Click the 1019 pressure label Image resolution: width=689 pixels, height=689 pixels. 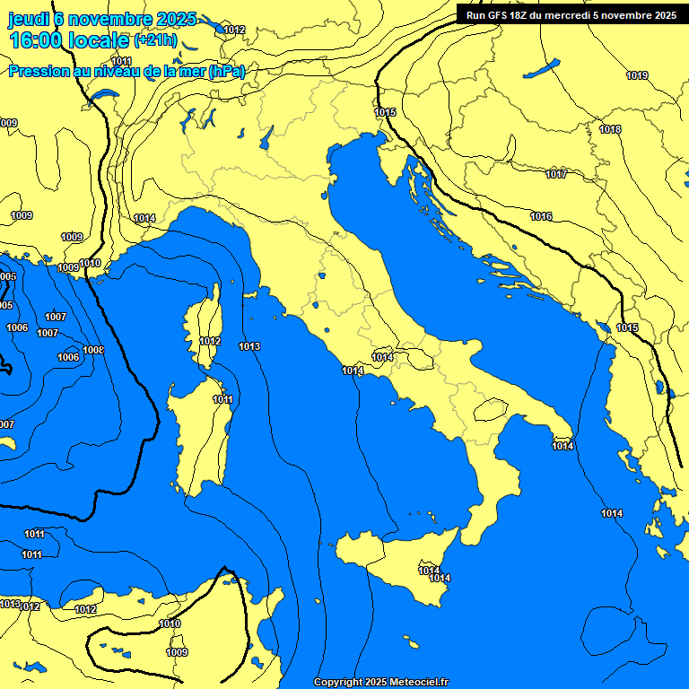pos(637,76)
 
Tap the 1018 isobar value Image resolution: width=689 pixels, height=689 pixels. pos(610,130)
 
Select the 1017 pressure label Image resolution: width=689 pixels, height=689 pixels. pos(556,174)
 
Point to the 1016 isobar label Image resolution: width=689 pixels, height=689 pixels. pos(541,217)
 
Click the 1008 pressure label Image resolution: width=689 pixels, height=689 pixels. pos(93,350)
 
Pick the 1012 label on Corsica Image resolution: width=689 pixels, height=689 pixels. pos(210,341)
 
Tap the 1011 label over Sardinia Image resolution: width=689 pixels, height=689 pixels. pos(223,400)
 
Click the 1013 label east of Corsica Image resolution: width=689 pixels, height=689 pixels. pos(249,346)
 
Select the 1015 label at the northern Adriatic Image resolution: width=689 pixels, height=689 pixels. pos(386,112)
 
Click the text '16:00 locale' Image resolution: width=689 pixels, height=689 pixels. pos(69,39)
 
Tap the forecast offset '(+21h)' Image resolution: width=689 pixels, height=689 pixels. pos(155,40)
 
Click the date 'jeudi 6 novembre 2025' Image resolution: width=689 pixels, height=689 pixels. pos(101,19)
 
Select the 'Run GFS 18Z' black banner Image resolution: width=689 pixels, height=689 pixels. pos(571,14)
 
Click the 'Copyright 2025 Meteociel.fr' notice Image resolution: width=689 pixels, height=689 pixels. pos(380,682)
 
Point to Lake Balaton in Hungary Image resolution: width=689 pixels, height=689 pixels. pos(541,69)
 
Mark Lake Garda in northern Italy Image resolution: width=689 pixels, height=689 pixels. pos(266,136)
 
